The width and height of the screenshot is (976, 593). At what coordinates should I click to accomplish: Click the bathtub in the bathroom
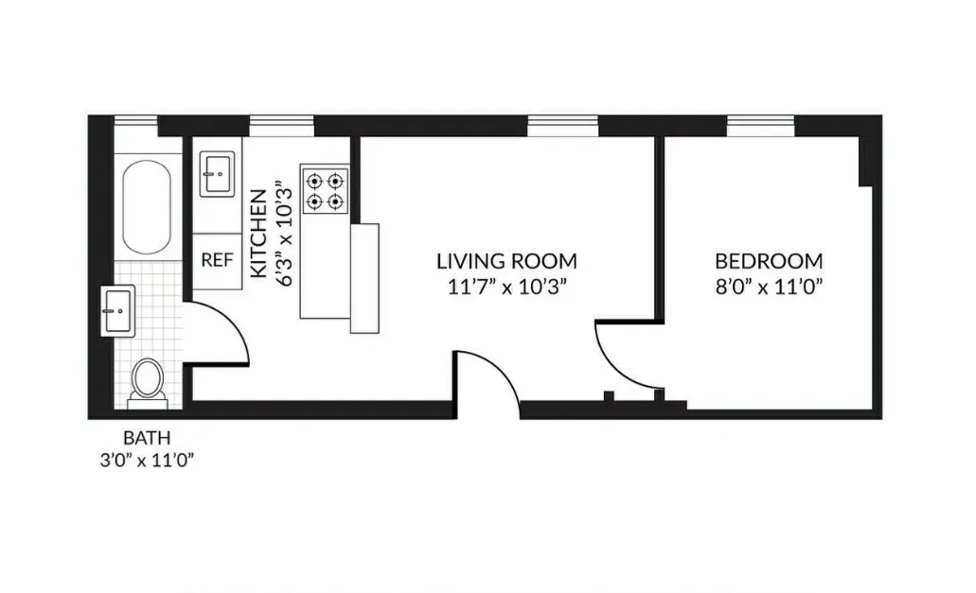click(x=148, y=207)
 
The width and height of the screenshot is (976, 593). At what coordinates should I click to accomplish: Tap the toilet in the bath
click(x=147, y=379)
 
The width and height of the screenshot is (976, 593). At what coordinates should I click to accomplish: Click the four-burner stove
click(x=325, y=189)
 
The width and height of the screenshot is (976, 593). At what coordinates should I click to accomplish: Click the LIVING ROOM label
click(x=506, y=261)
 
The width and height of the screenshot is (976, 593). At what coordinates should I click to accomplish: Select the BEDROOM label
click(x=768, y=261)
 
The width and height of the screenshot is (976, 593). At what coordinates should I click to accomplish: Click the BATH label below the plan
click(x=148, y=439)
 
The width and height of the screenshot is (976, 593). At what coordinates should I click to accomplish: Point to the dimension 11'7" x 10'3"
click(x=506, y=287)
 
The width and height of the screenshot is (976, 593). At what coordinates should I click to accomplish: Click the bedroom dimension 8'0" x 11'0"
click(x=768, y=287)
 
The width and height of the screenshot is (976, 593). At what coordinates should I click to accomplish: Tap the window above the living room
click(x=562, y=125)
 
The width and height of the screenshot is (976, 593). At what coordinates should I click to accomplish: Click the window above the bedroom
click(x=761, y=125)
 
